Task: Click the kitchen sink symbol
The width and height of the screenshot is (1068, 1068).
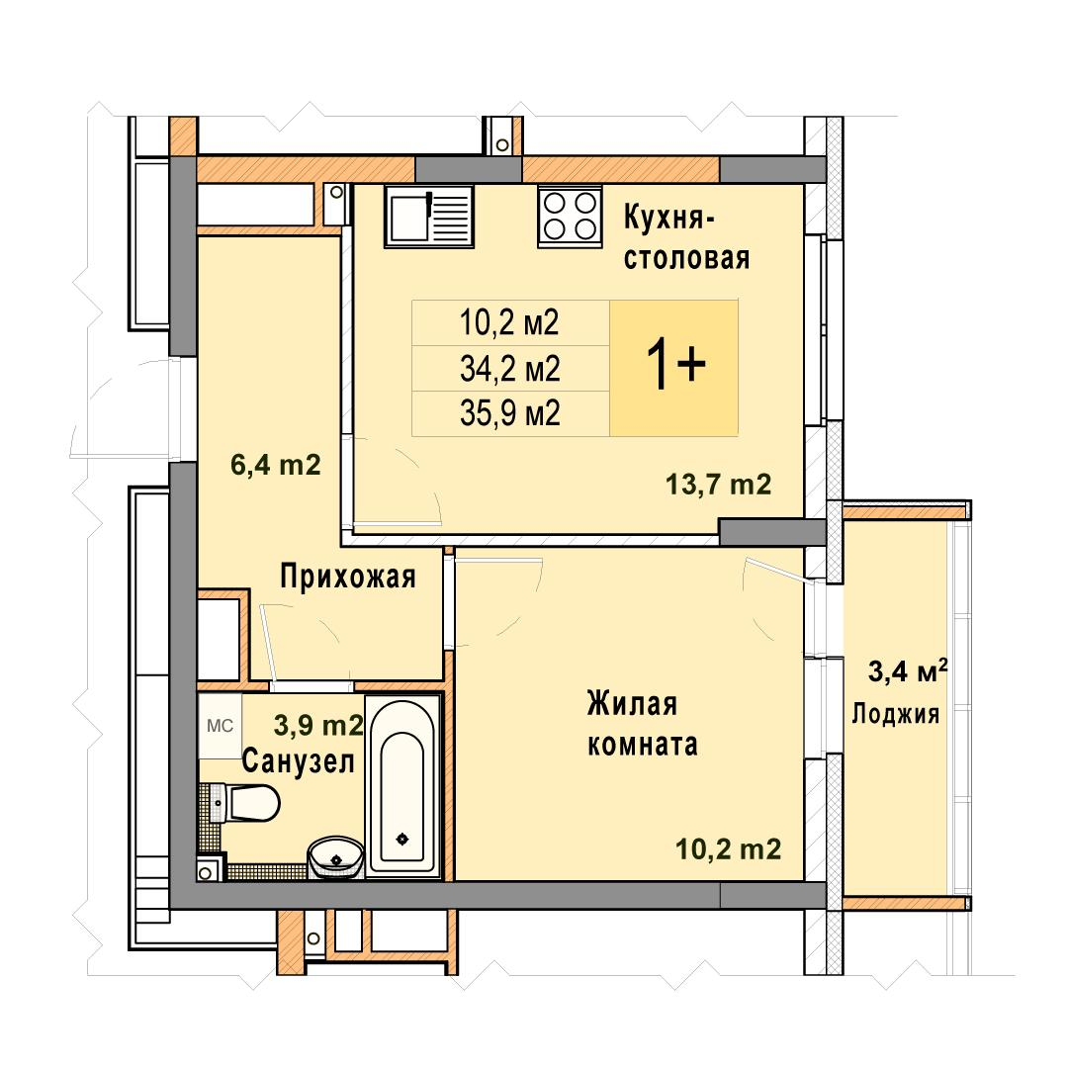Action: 428,216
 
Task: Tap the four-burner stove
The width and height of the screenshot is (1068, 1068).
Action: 570,216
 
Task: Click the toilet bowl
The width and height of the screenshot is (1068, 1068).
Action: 249,802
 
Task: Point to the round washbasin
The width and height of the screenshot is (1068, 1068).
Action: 335,857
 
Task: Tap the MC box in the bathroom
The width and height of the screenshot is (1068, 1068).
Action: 220,726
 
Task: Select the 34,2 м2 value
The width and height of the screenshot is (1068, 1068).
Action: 509,369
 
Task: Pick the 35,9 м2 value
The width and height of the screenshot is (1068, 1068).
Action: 509,413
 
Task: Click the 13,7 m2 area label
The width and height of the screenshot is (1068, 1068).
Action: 719,485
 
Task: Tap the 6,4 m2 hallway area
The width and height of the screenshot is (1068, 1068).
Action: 275,465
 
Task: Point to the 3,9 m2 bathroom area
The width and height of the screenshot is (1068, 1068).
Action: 318,726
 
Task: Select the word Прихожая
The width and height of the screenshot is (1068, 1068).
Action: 348,577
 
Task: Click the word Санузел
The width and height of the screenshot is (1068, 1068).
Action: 299,760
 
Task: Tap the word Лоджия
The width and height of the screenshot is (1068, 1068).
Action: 896,714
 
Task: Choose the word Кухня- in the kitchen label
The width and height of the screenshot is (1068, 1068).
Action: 668,218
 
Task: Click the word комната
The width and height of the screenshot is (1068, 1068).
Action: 643,745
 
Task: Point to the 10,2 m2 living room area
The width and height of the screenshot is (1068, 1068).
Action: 728,849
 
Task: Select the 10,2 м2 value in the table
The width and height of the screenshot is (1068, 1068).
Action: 509,322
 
